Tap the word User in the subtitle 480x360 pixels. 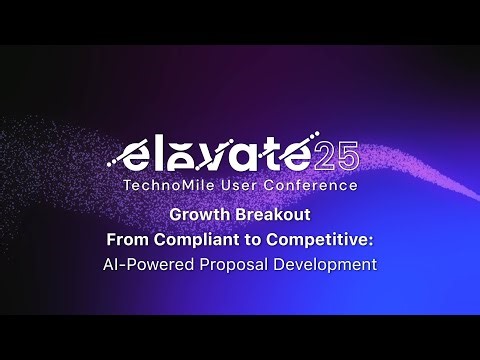click(x=236, y=185)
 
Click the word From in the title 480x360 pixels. click(x=129, y=240)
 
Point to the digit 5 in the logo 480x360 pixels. click(x=346, y=157)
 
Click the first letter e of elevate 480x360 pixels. click(x=133, y=157)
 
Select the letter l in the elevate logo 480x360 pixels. click(x=160, y=153)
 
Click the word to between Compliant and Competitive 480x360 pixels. click(x=248, y=240)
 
